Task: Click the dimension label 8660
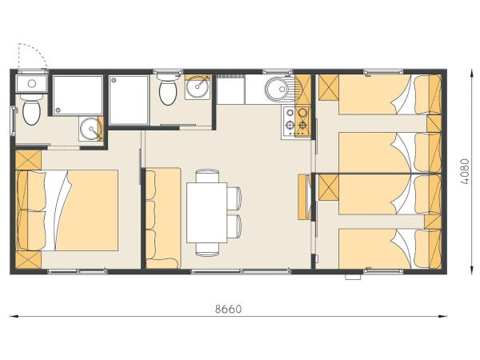point(229,307)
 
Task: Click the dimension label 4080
point(466,170)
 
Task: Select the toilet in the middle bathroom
point(168,91)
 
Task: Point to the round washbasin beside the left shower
point(91,128)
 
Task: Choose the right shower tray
point(129,99)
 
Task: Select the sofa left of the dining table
point(162,216)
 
